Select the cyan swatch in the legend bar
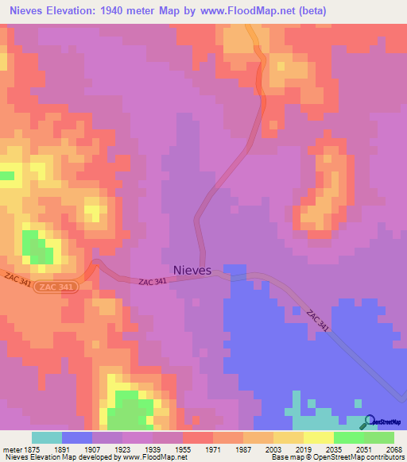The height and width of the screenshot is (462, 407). pos(47,437)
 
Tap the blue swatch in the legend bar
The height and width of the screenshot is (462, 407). pos(77,437)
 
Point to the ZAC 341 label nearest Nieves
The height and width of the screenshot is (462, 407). pos(152,282)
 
